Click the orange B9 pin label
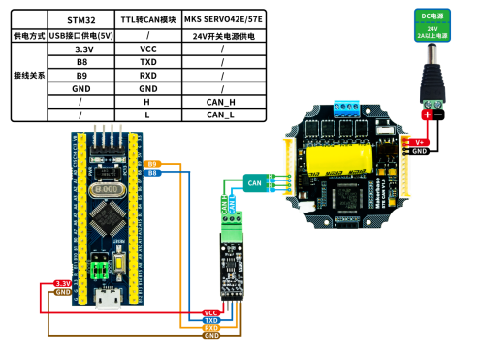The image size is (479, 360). click(151, 164)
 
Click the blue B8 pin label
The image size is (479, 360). click(151, 173)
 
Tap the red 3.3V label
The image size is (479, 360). click(63, 283)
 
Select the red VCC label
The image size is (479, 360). click(211, 312)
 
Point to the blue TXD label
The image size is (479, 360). click(211, 320)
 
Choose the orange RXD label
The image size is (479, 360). click(211, 328)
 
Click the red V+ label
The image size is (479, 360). click(420, 142)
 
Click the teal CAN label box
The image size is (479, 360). click(255, 181)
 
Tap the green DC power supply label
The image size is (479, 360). click(432, 23)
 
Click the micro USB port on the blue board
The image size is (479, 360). click(107, 299)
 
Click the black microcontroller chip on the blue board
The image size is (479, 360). click(107, 222)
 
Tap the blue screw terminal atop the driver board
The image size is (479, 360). click(346, 107)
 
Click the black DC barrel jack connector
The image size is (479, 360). click(432, 82)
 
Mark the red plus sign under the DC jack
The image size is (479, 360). click(427, 115)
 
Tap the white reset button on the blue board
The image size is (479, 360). click(118, 262)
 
